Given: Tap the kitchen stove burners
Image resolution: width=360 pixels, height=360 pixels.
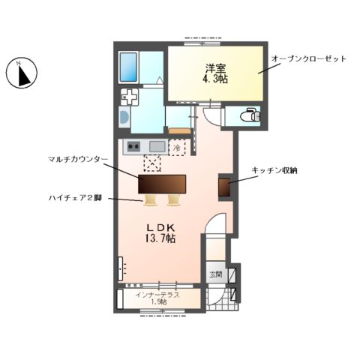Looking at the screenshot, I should pyautogui.click(x=133, y=146).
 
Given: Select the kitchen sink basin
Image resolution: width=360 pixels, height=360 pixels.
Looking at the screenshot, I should pyautogui.click(x=157, y=146).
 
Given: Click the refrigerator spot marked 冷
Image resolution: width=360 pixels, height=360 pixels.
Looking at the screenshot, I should pyautogui.click(x=178, y=147).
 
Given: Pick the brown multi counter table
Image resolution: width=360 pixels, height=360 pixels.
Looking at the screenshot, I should pyautogui.click(x=162, y=184).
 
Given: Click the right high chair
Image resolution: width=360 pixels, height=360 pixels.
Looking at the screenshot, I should pyautogui.click(x=173, y=199).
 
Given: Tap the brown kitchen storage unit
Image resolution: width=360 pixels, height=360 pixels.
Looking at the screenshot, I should pyautogui.click(x=223, y=187).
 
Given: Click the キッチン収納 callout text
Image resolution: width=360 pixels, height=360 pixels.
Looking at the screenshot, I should pyautogui.click(x=274, y=172).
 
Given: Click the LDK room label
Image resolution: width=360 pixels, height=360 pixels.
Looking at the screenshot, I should pyautogui.click(x=161, y=227).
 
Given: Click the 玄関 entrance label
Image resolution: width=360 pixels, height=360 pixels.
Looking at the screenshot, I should pyautogui.click(x=216, y=274).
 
